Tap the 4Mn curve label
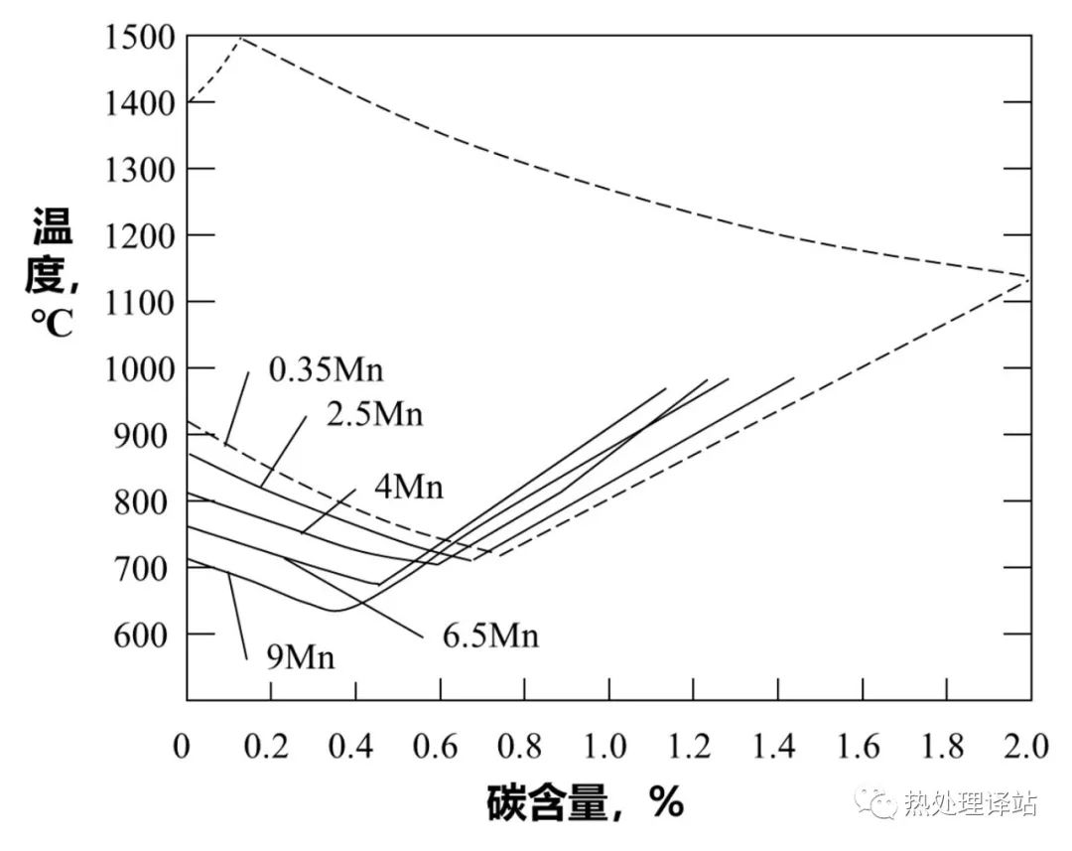click(409, 488)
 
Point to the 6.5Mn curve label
click(490, 635)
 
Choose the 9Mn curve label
click(300, 656)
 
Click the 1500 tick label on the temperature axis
click(139, 37)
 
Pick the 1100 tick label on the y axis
click(139, 302)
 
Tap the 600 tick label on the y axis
click(146, 635)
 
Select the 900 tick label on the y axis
click(146, 435)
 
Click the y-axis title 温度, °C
click(52, 270)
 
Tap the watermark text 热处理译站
click(971, 802)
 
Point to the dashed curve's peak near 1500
click(240, 37)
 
